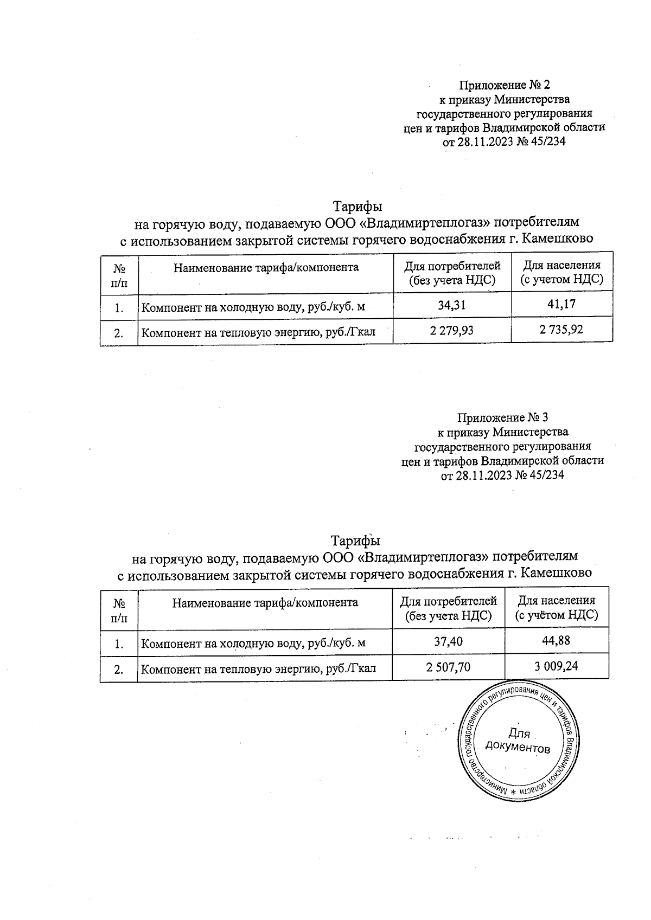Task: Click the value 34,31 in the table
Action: [452, 305]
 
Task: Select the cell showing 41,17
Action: [561, 305]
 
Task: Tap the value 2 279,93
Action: [451, 330]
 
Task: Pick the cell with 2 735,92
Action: [561, 329]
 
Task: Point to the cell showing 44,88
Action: [556, 641]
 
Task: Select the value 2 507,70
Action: [448, 667]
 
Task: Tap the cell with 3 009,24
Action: [556, 666]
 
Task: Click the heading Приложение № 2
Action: [505, 85]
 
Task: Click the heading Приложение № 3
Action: [503, 418]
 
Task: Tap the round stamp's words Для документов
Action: [518, 741]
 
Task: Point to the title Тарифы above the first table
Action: [358, 207]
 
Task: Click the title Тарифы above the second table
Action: [356, 541]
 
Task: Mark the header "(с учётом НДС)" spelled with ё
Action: [556, 615]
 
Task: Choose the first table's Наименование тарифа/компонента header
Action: [266, 267]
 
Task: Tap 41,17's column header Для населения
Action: [561, 266]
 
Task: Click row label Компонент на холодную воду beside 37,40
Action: [253, 644]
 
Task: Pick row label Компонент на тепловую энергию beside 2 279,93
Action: [258, 332]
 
